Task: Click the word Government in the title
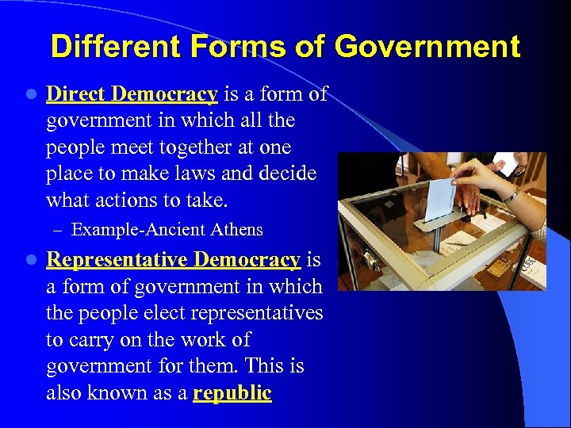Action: click(x=427, y=47)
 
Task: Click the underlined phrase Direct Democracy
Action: click(x=132, y=94)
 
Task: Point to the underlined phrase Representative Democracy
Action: click(x=174, y=260)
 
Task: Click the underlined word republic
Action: click(x=232, y=393)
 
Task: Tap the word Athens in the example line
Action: click(x=236, y=230)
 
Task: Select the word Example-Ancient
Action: click(x=139, y=230)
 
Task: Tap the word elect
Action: click(x=151, y=313)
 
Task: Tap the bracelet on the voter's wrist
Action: click(x=512, y=195)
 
